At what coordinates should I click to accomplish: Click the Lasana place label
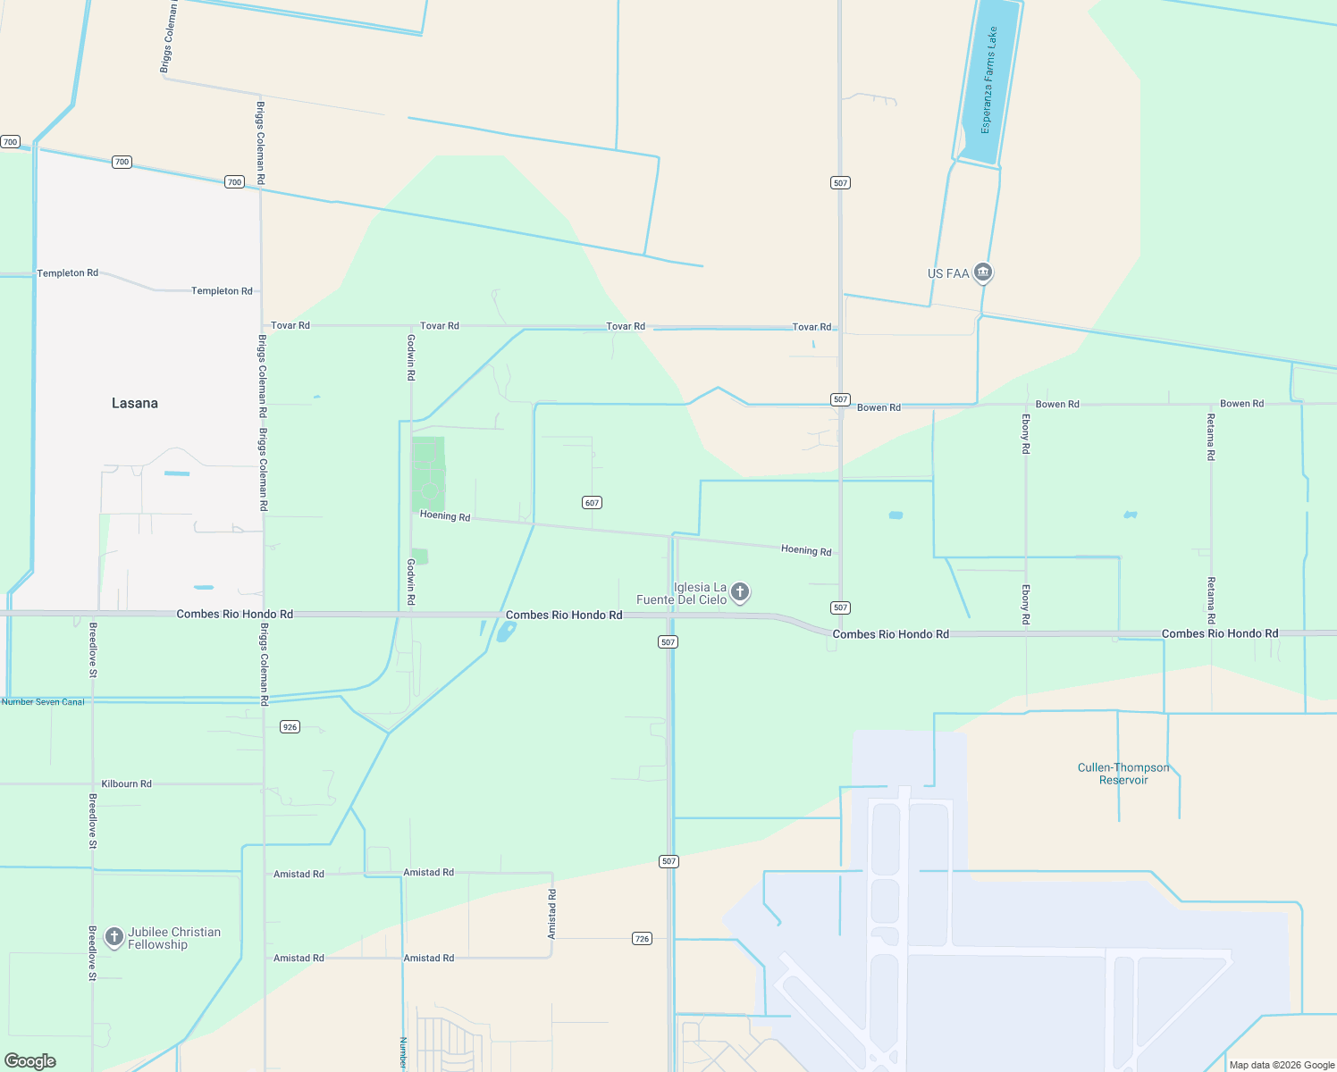pos(135,404)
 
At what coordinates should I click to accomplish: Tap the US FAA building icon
pos(983,272)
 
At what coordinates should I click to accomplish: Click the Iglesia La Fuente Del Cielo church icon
pos(740,592)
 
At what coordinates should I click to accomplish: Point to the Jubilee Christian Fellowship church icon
pos(114,937)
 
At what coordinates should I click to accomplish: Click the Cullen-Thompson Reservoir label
pos(1123,774)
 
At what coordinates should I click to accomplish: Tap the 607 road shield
pos(592,503)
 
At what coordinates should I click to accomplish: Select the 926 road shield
pos(290,727)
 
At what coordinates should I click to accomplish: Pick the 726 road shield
pos(642,939)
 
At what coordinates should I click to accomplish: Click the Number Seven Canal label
pos(43,702)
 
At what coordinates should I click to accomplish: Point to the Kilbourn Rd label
pos(126,784)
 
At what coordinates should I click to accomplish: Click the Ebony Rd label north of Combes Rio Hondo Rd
pos(1026,434)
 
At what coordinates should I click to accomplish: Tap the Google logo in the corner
pos(30,1061)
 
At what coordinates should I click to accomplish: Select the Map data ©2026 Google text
pos(1282,1065)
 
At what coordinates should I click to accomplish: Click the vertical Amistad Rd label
pos(552,914)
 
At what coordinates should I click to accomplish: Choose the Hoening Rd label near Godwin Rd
pos(445,515)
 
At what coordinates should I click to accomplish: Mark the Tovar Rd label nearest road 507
pos(811,327)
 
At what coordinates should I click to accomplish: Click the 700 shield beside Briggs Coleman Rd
pos(234,182)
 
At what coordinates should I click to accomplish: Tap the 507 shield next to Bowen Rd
pos(840,399)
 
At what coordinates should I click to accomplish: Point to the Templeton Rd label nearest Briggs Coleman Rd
pos(222,291)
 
